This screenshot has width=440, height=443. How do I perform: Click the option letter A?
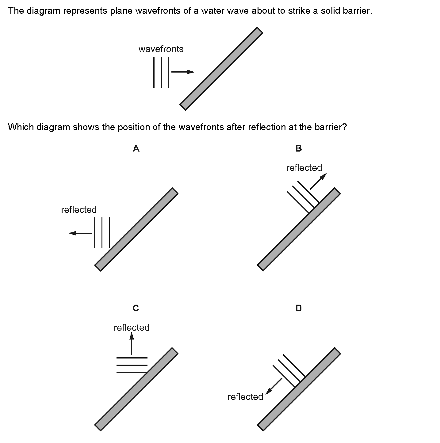click(136, 149)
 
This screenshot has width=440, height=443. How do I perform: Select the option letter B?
click(298, 149)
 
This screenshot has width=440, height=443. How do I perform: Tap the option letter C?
click(136, 308)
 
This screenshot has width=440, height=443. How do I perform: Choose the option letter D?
click(298, 308)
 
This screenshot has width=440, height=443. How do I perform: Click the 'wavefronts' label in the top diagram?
click(161, 49)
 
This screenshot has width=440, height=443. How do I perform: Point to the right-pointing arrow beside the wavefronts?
click(183, 72)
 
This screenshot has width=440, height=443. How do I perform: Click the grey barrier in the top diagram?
click(221, 69)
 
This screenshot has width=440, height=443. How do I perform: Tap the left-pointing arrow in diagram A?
click(80, 233)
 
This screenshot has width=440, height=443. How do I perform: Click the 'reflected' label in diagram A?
click(79, 210)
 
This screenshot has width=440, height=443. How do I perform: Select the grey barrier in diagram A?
click(136, 229)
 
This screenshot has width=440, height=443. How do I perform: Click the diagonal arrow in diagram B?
click(318, 181)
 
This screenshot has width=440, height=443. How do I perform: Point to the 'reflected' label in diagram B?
click(304, 168)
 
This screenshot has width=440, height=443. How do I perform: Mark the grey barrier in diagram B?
click(299, 229)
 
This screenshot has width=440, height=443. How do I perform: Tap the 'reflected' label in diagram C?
click(132, 328)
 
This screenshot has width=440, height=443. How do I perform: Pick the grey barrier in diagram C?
click(136, 389)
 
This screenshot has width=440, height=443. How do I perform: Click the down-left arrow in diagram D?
click(274, 386)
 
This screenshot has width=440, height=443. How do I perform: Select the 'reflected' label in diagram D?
click(245, 397)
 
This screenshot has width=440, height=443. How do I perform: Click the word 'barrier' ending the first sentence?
click(357, 11)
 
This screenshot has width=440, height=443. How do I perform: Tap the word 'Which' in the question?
click(21, 127)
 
